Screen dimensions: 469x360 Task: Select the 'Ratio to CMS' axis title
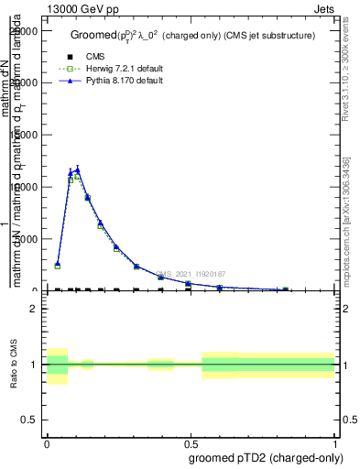[x=15, y=365]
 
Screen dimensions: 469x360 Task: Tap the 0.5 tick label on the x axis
[x=190, y=442]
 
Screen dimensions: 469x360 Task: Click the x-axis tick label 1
[x=335, y=442]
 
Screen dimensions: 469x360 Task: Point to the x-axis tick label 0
[x=47, y=442]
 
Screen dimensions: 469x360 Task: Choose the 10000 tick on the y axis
[x=25, y=187]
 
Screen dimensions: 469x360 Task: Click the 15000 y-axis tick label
[x=25, y=135]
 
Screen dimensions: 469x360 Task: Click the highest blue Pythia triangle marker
[x=78, y=169]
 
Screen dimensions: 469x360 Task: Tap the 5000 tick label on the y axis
[x=27, y=239]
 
